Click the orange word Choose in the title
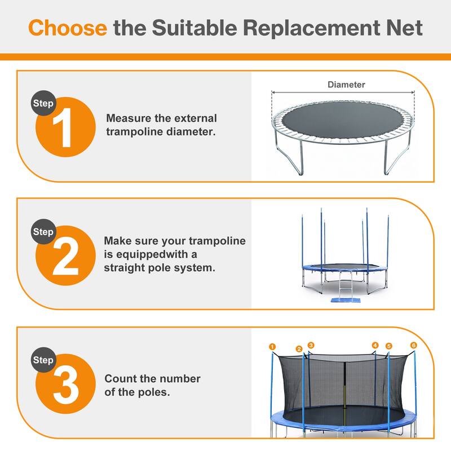68,28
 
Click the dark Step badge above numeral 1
43,104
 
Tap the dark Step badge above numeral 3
43,360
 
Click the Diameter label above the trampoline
346,85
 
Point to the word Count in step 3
120,379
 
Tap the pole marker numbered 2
299,349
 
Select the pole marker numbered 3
311,345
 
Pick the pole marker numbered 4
375,345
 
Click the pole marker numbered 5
388,346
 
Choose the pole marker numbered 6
413,345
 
